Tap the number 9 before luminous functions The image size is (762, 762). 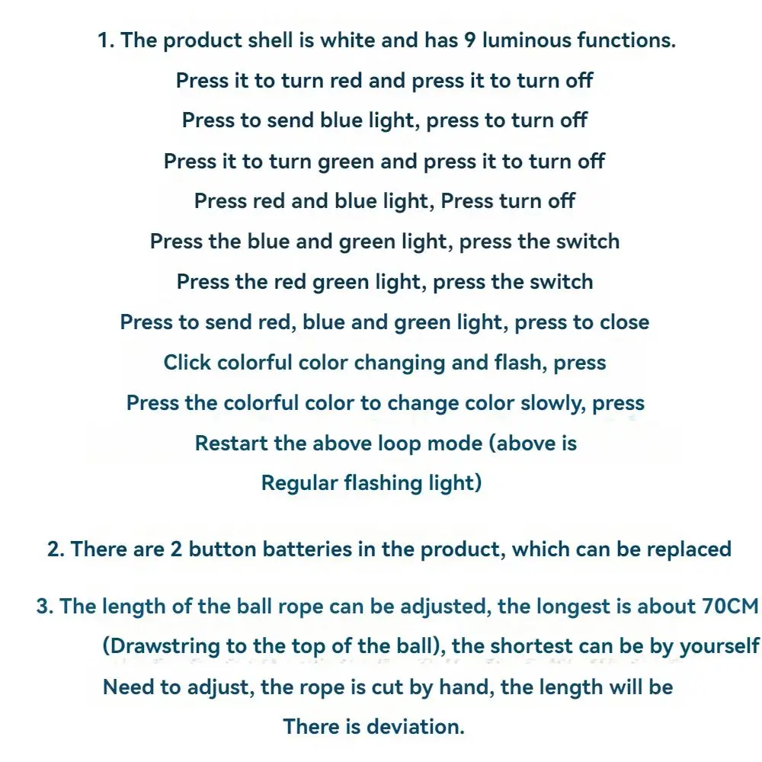[x=472, y=40]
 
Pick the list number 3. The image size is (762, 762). [x=44, y=607]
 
